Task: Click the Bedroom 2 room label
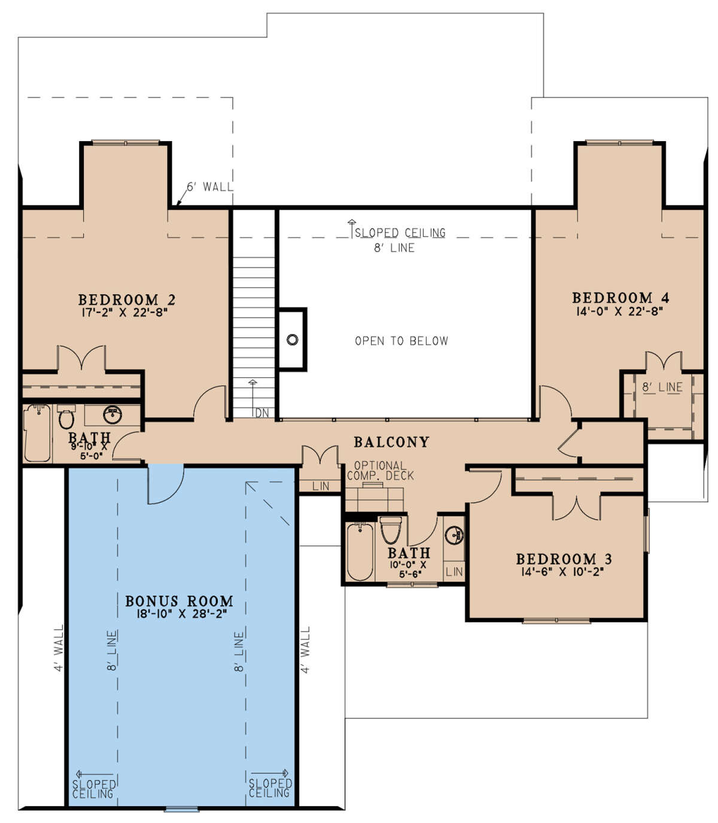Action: click(127, 300)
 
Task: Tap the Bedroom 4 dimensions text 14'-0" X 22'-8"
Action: click(619, 311)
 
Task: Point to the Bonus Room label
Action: click(179, 601)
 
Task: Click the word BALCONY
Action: click(391, 442)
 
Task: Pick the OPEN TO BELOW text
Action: click(401, 341)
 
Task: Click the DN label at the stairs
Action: click(262, 413)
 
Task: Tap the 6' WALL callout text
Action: click(209, 187)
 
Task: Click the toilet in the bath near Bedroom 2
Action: click(66, 416)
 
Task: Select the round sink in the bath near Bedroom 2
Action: click(112, 414)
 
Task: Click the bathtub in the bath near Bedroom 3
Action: click(360, 551)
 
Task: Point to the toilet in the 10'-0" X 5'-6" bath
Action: click(391, 530)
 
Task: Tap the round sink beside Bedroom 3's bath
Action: click(454, 535)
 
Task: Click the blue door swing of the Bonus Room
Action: click(166, 483)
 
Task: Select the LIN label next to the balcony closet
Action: click(321, 486)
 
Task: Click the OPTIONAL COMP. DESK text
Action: click(380, 471)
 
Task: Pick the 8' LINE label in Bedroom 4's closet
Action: click(662, 388)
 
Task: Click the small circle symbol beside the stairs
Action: click(293, 340)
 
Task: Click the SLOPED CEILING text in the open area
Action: click(400, 233)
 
